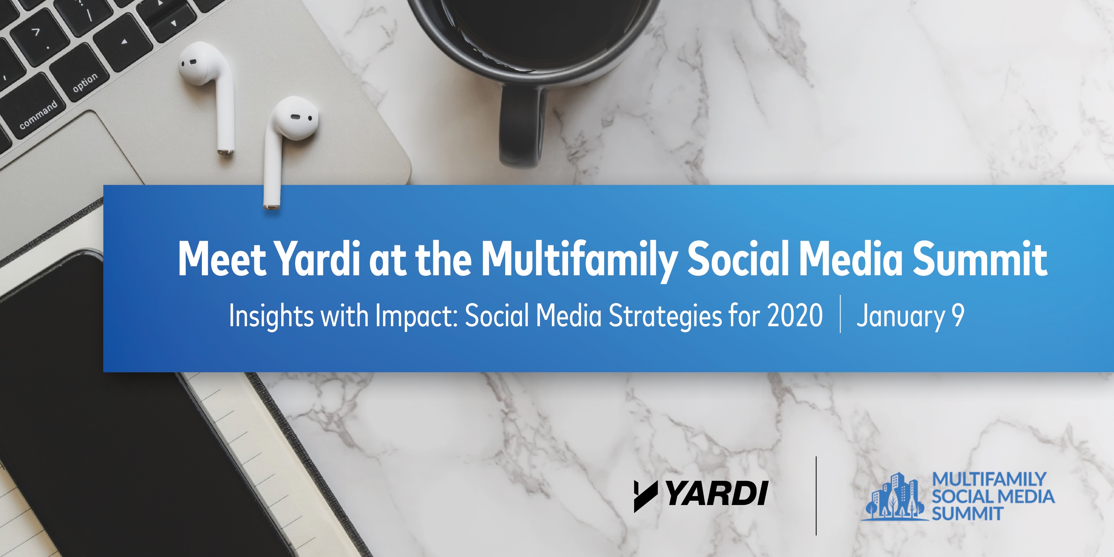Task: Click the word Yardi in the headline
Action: pyautogui.click(x=318, y=259)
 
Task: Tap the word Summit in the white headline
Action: pyautogui.click(x=979, y=258)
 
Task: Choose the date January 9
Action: pyautogui.click(x=910, y=317)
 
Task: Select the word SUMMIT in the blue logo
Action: pyautogui.click(x=967, y=514)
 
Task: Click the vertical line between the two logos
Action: pyautogui.click(x=816, y=496)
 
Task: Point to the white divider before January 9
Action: pyautogui.click(x=840, y=314)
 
